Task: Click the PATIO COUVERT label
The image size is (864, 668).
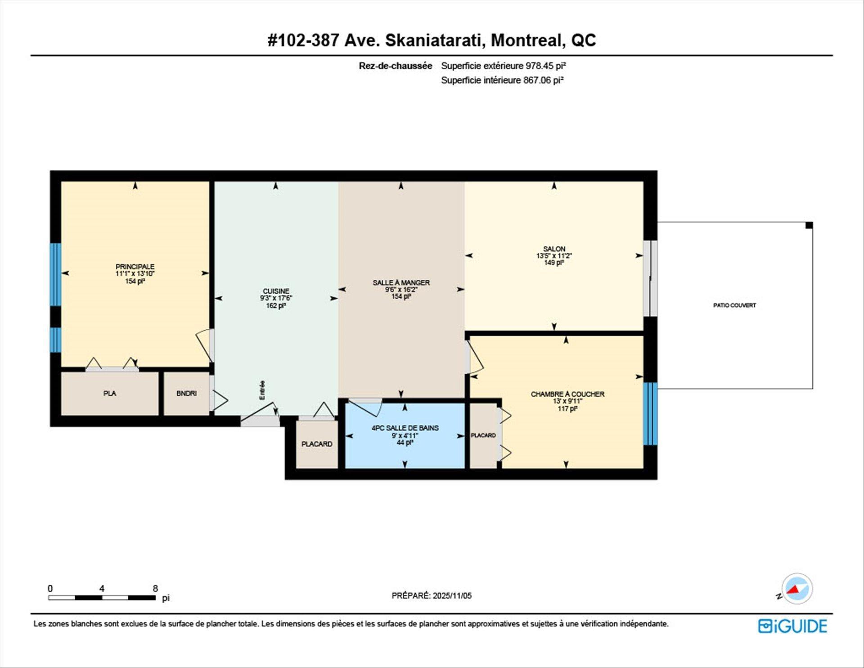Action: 734,305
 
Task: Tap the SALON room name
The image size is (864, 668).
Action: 554,249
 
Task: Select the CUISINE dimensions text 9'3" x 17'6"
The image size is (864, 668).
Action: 276,298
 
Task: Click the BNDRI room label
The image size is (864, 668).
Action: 186,393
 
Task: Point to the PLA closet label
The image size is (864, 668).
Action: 109,393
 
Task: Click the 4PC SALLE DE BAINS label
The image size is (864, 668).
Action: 405,428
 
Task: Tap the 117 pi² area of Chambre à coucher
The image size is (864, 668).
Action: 567,409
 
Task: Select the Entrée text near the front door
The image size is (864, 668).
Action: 262,390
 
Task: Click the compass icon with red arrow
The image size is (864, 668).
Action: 796,589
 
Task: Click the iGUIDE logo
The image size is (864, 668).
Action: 792,626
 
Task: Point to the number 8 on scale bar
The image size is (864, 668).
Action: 155,588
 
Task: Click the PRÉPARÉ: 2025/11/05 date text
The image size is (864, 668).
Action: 432,595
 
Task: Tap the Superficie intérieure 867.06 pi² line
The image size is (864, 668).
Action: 502,80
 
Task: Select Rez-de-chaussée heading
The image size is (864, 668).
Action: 395,66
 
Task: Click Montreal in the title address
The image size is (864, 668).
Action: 527,40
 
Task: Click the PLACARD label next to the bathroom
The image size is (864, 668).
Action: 317,444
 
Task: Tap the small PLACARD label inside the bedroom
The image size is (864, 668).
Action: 483,435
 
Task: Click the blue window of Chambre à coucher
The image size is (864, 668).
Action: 650,414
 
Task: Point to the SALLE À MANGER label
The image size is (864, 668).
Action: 401,282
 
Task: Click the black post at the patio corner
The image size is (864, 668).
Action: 809,225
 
